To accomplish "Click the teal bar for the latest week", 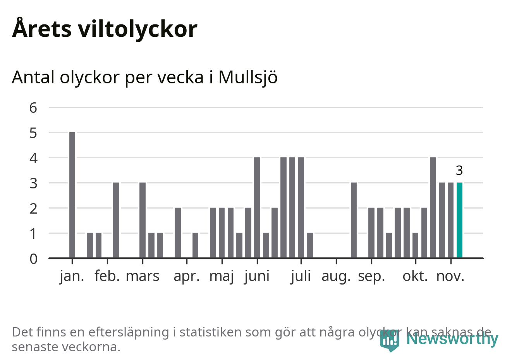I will pyautogui.click(x=459, y=220).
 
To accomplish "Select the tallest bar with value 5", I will pyautogui.click(x=72, y=195).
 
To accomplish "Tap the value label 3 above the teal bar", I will pyautogui.click(x=459, y=170).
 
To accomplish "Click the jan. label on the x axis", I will pyautogui.click(x=72, y=276).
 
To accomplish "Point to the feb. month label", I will pyautogui.click(x=107, y=276).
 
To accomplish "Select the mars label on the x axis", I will pyautogui.click(x=143, y=276).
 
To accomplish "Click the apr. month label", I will pyautogui.click(x=187, y=276).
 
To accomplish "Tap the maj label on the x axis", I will pyautogui.click(x=222, y=276).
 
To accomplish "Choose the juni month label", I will pyautogui.click(x=257, y=276).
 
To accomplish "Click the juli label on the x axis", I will pyautogui.click(x=301, y=276).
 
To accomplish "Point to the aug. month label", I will pyautogui.click(x=336, y=276).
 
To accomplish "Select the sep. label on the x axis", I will pyautogui.click(x=371, y=276).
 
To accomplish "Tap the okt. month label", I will pyautogui.click(x=415, y=276).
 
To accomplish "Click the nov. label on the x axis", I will pyautogui.click(x=450, y=276).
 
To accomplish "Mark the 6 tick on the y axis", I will pyautogui.click(x=33, y=107).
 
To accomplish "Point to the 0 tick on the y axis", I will pyautogui.click(x=33, y=259).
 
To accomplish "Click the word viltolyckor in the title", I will pyautogui.click(x=137, y=29).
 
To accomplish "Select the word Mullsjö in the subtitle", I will pyautogui.click(x=248, y=77).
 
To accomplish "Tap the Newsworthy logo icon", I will pyautogui.click(x=389, y=340).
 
